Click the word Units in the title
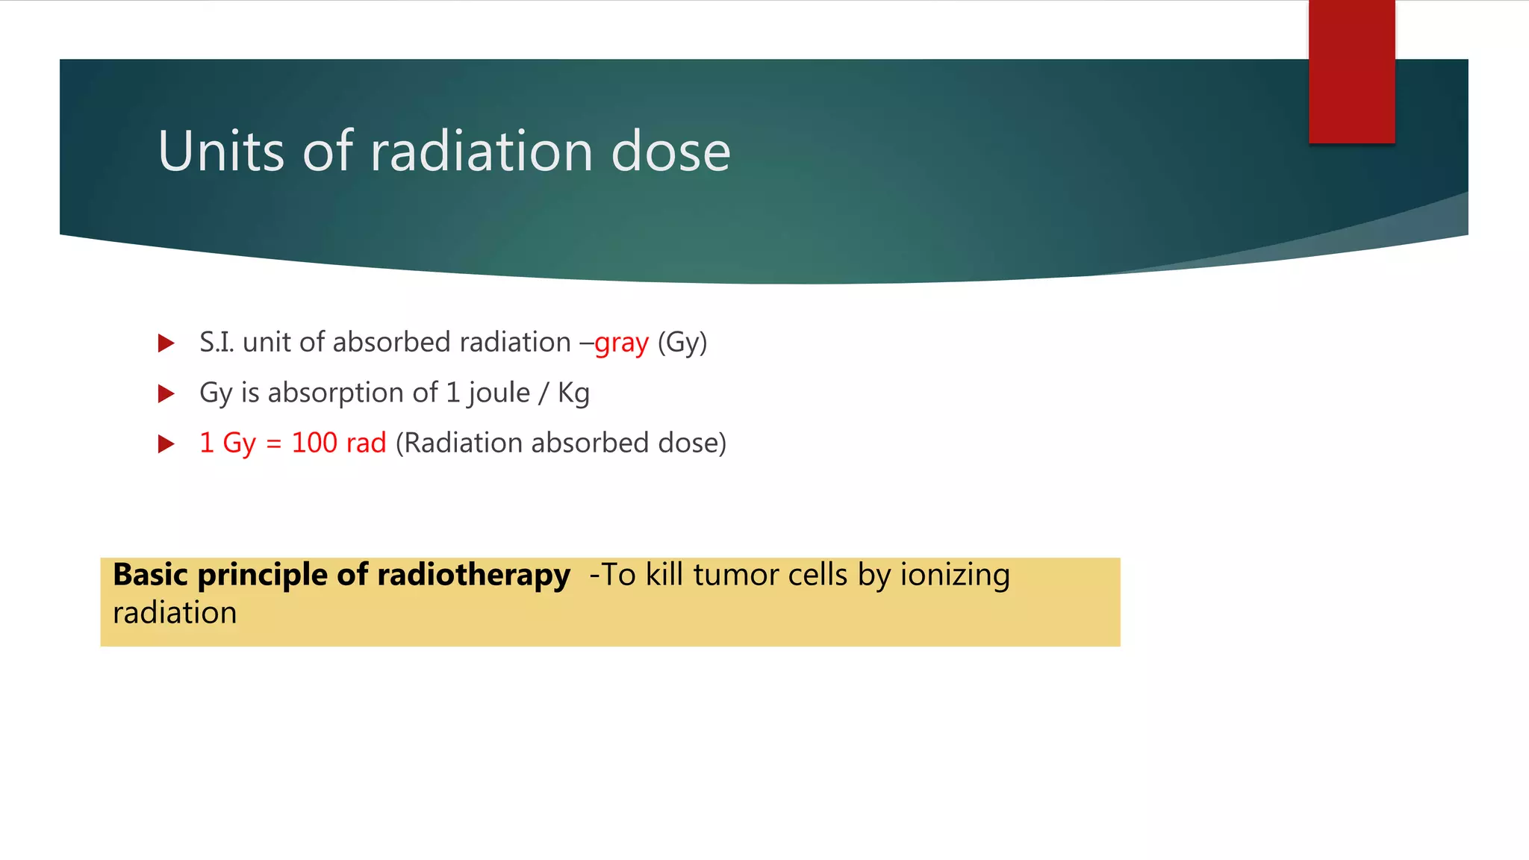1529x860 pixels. point(221,152)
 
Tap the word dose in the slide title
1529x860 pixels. point(670,152)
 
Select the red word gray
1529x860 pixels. point(621,343)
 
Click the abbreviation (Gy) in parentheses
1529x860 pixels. point(682,343)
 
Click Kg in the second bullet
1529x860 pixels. point(573,393)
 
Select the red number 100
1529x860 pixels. point(314,443)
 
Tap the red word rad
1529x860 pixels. point(366,443)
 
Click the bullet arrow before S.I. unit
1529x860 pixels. point(166,343)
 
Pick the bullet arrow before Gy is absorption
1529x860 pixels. point(166,393)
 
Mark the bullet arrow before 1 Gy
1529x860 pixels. point(166,444)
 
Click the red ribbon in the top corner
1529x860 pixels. point(1351,72)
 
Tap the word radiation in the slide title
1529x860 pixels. point(481,152)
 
